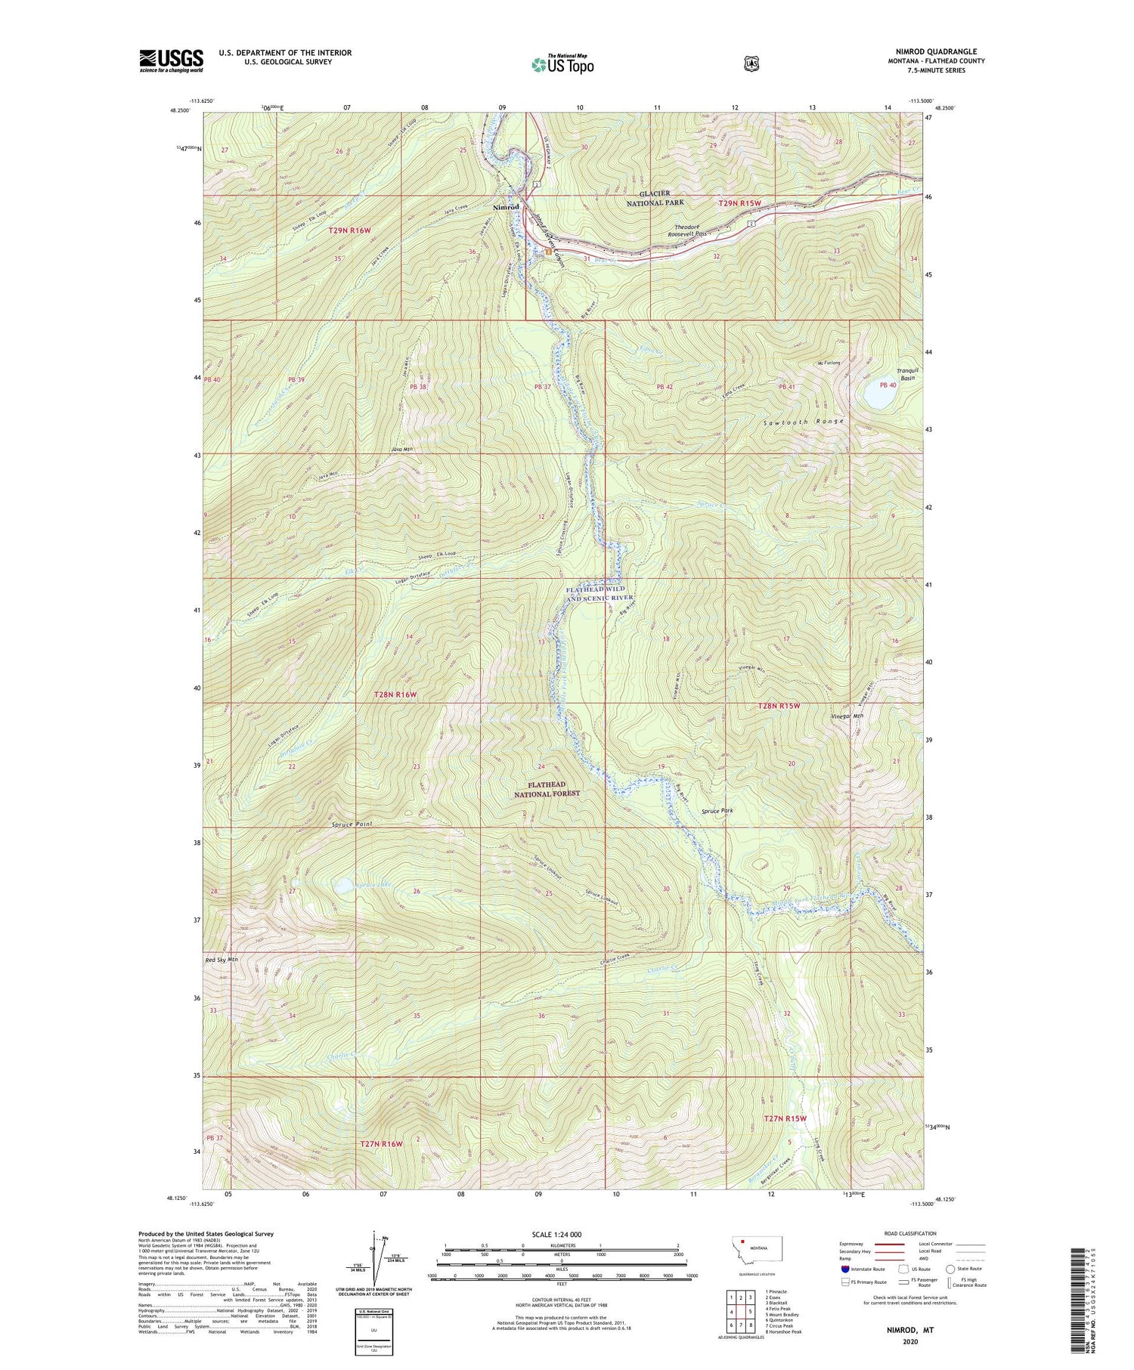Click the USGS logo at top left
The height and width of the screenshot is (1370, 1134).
pos(171,60)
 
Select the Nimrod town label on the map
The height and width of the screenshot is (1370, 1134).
pos(506,207)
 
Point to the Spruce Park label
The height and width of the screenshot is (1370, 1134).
pos(717,811)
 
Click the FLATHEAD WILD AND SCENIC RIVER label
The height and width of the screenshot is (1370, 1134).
pos(600,593)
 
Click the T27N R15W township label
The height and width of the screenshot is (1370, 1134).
pos(785,1118)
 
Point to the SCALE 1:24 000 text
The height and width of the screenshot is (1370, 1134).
pos(562,1235)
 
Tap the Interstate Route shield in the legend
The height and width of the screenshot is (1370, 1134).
pos(844,1269)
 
